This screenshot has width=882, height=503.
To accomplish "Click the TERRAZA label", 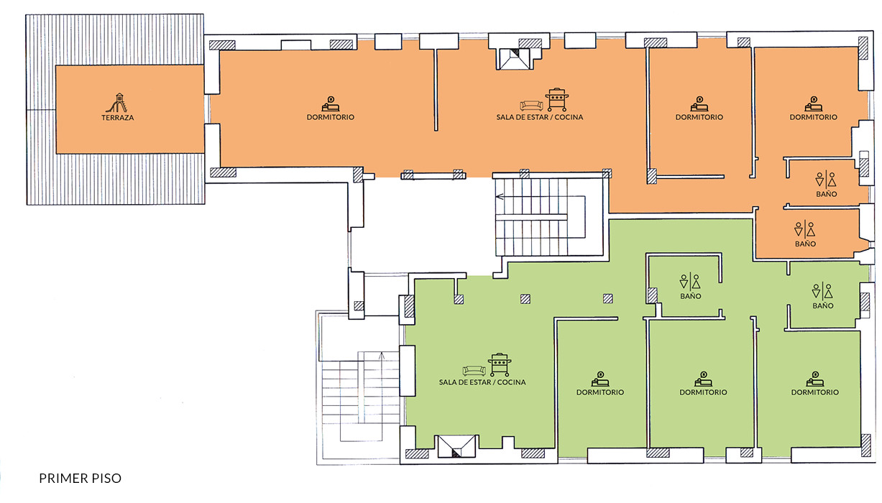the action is tap(117, 117).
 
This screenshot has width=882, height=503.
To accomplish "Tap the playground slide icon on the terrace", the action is tap(116, 103).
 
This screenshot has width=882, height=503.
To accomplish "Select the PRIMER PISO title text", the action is tap(81, 478).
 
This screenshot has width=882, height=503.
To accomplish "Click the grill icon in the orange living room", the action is tap(557, 100).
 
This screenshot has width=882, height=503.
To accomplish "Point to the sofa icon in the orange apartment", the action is tap(531, 106).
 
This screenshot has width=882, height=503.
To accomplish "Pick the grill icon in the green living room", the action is tap(500, 364).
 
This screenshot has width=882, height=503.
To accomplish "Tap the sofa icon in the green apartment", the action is tap(474, 370).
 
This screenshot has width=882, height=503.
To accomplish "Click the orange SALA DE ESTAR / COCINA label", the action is tap(539, 117).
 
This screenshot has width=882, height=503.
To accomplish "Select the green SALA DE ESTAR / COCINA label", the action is tap(482, 382).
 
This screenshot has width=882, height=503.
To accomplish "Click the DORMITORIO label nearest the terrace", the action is tap(331, 117).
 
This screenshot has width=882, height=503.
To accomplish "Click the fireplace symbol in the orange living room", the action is tap(513, 59).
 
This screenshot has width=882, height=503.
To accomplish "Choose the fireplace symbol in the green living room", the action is tap(456, 446).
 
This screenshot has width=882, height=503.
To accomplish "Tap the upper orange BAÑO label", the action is tap(827, 194).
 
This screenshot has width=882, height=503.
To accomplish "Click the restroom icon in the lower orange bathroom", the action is tap(805, 229).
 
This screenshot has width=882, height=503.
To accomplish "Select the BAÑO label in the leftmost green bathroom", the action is tap(691, 296).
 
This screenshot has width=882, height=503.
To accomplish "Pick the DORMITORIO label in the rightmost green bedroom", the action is tap(815, 392).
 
